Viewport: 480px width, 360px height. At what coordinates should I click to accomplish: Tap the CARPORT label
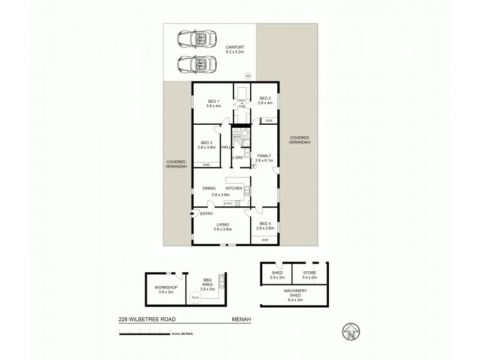[x=235, y=47]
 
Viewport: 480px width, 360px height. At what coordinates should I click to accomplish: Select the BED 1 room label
[x=214, y=101]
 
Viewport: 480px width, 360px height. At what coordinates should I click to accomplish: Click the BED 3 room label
[x=206, y=142]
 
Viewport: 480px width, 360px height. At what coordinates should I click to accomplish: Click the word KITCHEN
[x=233, y=188]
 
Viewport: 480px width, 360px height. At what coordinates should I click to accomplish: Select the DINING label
[x=209, y=188]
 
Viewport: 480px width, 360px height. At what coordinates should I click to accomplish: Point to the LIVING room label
[x=223, y=225]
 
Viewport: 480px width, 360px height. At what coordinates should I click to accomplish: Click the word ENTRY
[x=206, y=214]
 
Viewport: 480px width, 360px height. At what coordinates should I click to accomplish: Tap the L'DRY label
[x=238, y=157]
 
